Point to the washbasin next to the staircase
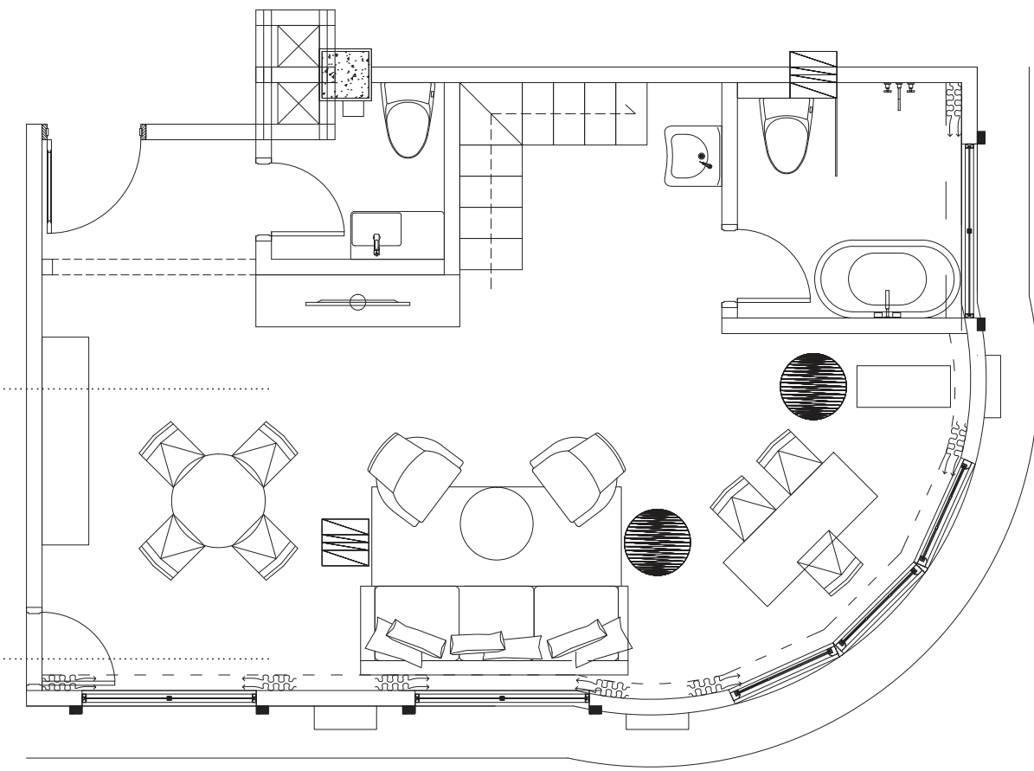693,155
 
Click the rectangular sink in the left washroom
376,230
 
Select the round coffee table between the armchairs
497,525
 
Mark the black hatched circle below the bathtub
812,386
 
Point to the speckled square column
346,74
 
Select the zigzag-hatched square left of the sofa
345,542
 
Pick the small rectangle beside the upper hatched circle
903,386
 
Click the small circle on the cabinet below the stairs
356,302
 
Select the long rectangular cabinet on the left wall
66,440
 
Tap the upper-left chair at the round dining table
170,451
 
